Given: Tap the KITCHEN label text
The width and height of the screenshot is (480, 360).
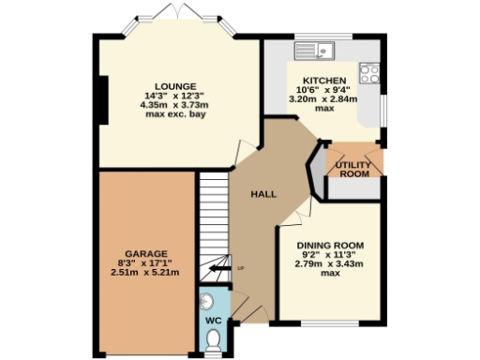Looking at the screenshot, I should coord(324,81).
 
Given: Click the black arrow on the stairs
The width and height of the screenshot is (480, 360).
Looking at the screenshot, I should coord(220,269).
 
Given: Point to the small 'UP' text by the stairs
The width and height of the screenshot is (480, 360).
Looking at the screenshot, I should coord(240,269).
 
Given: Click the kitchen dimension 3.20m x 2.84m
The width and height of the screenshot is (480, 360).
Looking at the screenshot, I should coord(324,99).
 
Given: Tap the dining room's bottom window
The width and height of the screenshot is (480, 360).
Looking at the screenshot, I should coord(331,323).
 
